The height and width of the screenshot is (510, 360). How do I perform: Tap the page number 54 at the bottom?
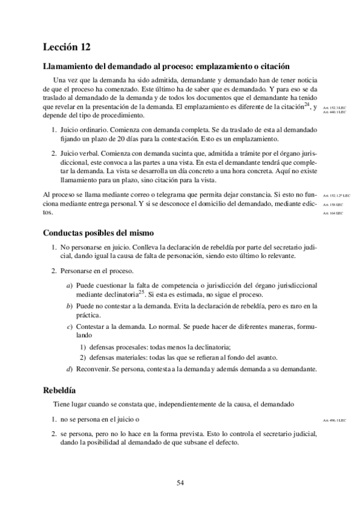(x=180, y=482)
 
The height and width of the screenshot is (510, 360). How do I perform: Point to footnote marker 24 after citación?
(x=307, y=105)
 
